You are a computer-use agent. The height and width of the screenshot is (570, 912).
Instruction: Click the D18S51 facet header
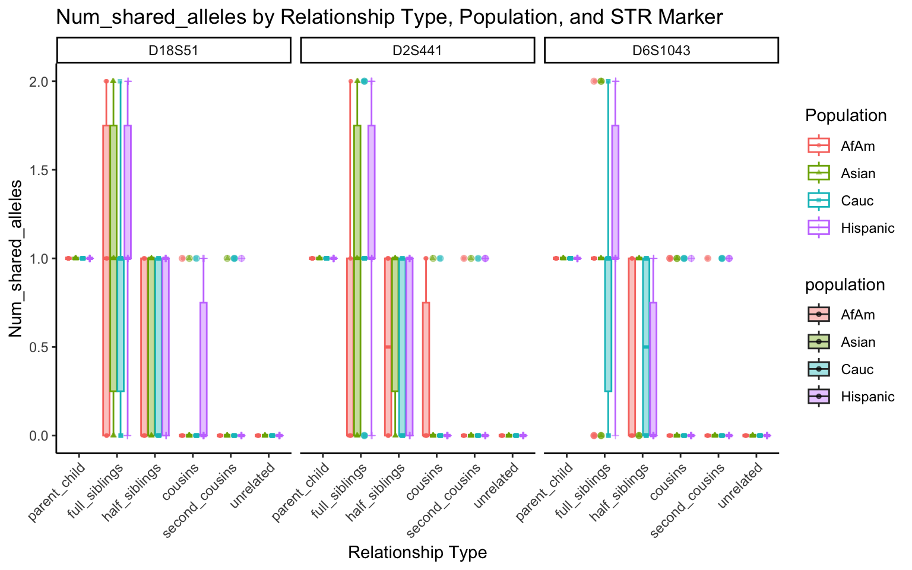173,50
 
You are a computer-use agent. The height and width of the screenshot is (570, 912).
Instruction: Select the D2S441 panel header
417,50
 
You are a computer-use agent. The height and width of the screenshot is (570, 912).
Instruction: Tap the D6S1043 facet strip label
661,50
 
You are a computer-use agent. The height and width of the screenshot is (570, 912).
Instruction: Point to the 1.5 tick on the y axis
40,170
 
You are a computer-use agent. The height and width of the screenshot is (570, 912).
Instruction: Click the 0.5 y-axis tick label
40,347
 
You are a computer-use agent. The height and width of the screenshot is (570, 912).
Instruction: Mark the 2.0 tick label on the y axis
40,81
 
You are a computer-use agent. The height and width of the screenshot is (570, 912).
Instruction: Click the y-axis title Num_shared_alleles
16,258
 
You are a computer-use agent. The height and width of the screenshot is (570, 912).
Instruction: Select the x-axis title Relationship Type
417,553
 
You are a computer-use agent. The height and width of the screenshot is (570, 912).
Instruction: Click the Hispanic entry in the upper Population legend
867,228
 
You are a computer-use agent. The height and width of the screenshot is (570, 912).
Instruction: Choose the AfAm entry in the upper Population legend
857,146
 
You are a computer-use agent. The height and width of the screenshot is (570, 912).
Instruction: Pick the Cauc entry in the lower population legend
857,369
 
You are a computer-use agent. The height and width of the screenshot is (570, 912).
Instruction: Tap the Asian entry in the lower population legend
858,342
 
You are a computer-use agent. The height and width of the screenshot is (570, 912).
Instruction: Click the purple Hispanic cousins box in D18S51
204,368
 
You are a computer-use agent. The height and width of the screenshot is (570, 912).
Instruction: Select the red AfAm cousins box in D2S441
426,368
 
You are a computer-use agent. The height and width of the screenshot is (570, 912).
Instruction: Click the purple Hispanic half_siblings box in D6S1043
653,368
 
